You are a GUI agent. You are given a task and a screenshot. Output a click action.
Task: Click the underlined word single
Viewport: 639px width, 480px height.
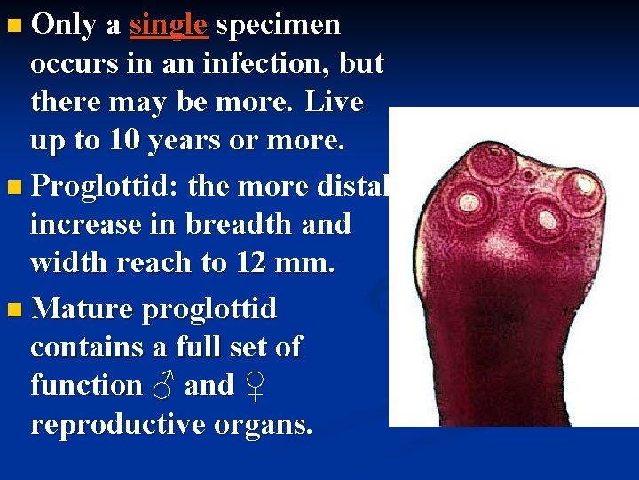[169, 25]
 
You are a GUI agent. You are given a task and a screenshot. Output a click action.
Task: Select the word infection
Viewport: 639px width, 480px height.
[268, 64]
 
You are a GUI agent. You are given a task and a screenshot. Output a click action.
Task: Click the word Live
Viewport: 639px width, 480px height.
[334, 101]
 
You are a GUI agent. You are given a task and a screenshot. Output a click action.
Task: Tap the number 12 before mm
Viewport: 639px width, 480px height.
[295, 262]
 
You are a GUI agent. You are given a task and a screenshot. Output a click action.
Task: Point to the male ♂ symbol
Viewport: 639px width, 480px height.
[162, 386]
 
